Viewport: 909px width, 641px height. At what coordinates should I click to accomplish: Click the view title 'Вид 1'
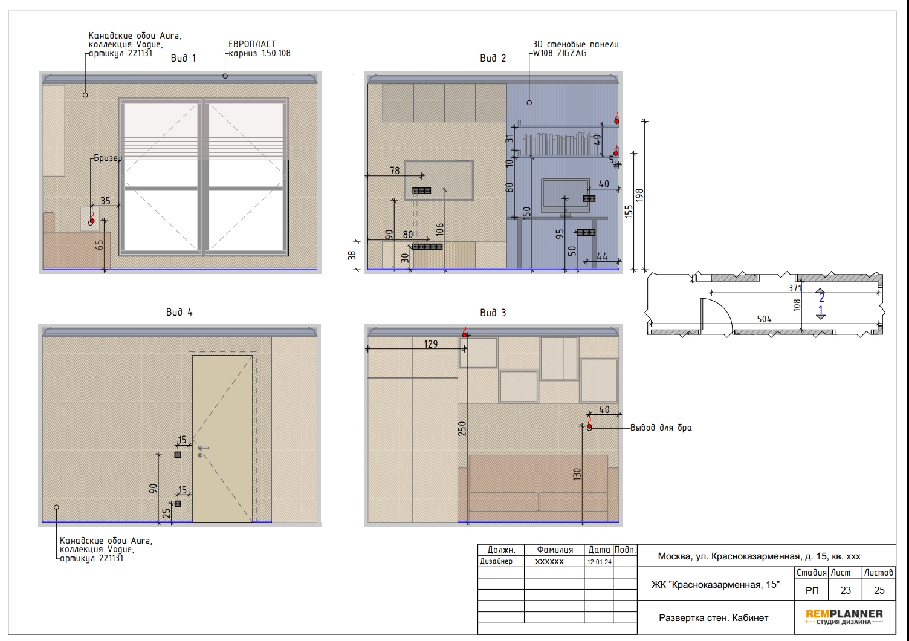coord(183,58)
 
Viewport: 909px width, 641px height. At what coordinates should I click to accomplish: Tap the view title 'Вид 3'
coord(493,313)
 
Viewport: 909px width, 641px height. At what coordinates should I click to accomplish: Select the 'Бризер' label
coord(108,158)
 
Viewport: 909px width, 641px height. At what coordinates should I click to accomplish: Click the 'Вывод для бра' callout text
coord(661,428)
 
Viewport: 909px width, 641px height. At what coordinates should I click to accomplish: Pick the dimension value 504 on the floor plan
coord(764,319)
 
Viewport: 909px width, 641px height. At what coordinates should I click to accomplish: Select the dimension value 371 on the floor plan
coord(795,288)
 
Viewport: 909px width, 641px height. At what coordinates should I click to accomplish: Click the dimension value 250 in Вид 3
coord(462,429)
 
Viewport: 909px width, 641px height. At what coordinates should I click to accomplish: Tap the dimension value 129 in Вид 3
coord(430,344)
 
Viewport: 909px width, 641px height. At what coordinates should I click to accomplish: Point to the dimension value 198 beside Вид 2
coord(639,195)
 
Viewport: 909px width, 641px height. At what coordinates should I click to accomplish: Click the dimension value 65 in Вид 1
coord(99,245)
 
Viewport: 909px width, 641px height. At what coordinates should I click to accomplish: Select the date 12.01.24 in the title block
coord(599,562)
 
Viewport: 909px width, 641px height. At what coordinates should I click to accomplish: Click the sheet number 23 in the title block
coord(846,590)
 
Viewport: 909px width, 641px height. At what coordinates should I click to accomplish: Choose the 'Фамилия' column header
coord(555,550)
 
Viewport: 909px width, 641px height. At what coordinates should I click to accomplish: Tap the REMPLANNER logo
coord(844,617)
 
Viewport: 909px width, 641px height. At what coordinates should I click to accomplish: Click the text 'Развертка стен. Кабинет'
coord(713,618)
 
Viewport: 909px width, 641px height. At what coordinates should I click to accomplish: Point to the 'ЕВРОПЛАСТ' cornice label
coord(252,44)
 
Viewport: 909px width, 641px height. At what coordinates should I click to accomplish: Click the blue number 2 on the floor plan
coord(821,298)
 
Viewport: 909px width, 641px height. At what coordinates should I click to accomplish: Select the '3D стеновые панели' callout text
coord(575,44)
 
